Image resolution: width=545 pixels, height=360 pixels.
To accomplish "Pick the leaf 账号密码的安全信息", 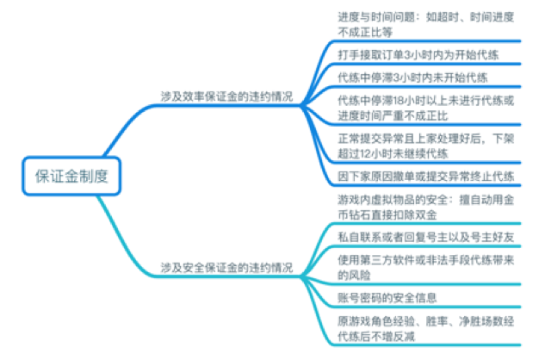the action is (387, 298).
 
